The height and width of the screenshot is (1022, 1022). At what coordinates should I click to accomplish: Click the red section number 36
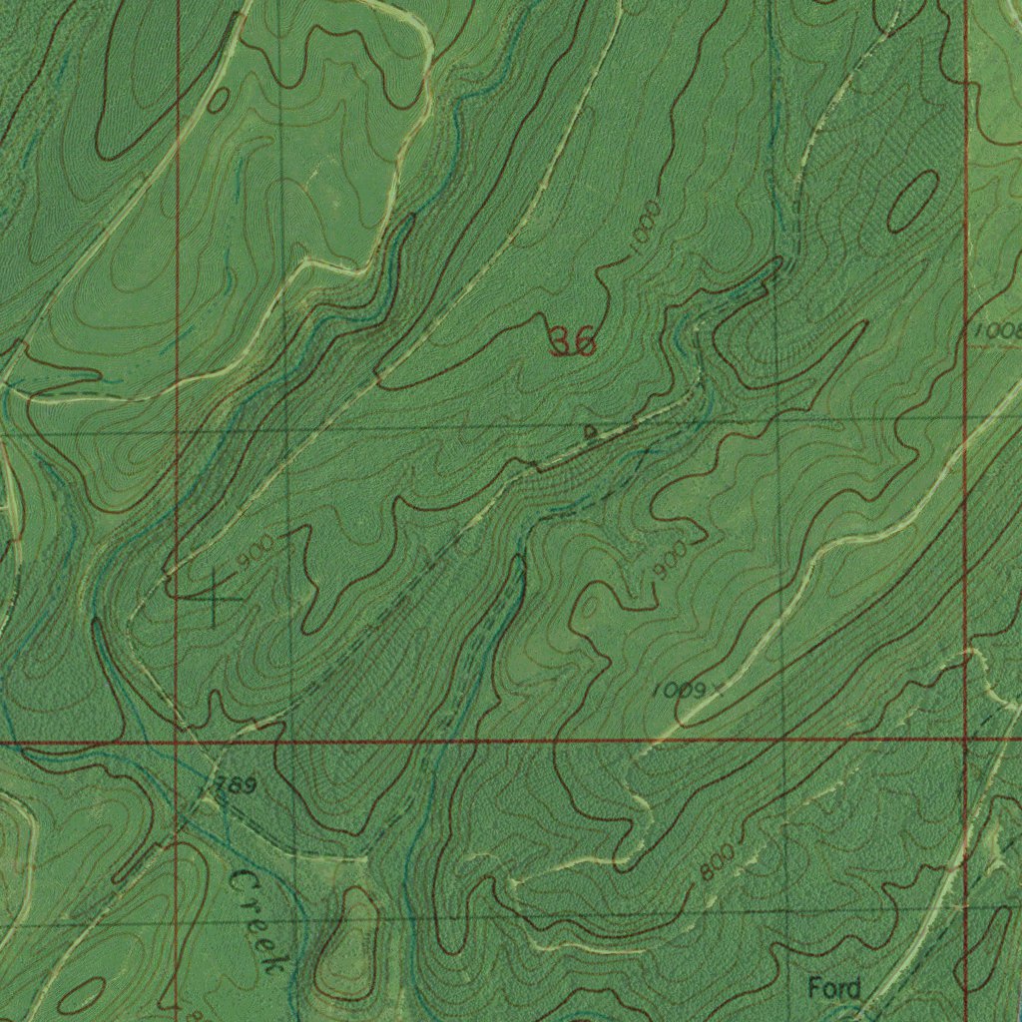(x=573, y=342)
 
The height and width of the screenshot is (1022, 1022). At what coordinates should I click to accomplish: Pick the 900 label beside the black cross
(x=255, y=552)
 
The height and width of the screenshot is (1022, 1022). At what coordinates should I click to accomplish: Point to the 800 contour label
(x=718, y=862)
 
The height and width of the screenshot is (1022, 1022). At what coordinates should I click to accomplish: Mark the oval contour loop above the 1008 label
(x=912, y=200)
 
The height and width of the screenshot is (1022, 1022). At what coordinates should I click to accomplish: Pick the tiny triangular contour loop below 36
(x=591, y=431)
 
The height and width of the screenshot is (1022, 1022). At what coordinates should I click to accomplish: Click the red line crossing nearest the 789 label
(x=177, y=743)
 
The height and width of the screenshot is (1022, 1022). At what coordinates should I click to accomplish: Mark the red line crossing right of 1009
(x=966, y=740)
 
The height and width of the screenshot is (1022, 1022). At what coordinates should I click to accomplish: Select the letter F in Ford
(x=814, y=989)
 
